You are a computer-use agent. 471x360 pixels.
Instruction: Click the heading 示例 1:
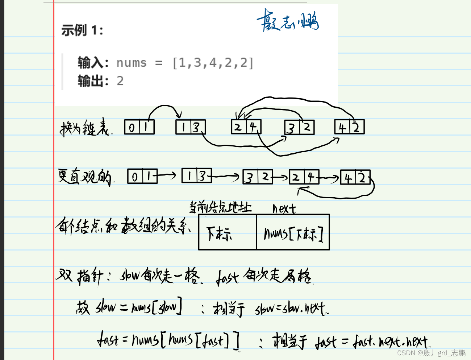82,30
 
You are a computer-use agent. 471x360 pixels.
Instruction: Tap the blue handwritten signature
288,21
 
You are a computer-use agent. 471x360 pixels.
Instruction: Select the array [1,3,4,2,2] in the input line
213,63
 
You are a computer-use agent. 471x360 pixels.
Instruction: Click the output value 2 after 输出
120,81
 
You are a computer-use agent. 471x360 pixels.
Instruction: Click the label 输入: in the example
93,63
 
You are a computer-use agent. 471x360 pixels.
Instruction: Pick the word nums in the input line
131,63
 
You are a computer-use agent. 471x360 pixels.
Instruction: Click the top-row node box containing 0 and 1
139,127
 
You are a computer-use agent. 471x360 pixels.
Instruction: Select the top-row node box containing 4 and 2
349,127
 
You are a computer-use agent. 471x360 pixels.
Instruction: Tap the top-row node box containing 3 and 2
299,127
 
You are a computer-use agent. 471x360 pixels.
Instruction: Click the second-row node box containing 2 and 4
304,177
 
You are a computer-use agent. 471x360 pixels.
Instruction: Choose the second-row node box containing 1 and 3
196,176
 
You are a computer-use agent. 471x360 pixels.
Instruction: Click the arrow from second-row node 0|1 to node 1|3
167,176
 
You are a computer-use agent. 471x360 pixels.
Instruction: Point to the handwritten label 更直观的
85,177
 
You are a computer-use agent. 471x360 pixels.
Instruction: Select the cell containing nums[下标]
293,233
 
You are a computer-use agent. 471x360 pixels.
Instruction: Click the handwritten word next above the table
284,208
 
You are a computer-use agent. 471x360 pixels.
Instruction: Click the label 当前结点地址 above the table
220,207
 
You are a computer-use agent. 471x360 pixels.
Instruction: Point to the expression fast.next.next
391,342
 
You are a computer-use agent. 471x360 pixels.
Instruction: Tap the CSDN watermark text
431,353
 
